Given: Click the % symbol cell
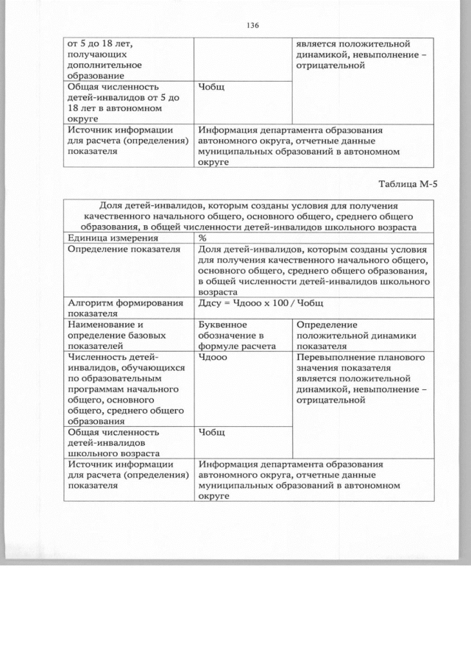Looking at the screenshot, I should pyautogui.click(x=202, y=238).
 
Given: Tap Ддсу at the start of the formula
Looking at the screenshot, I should pyautogui.click(x=211, y=302).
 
